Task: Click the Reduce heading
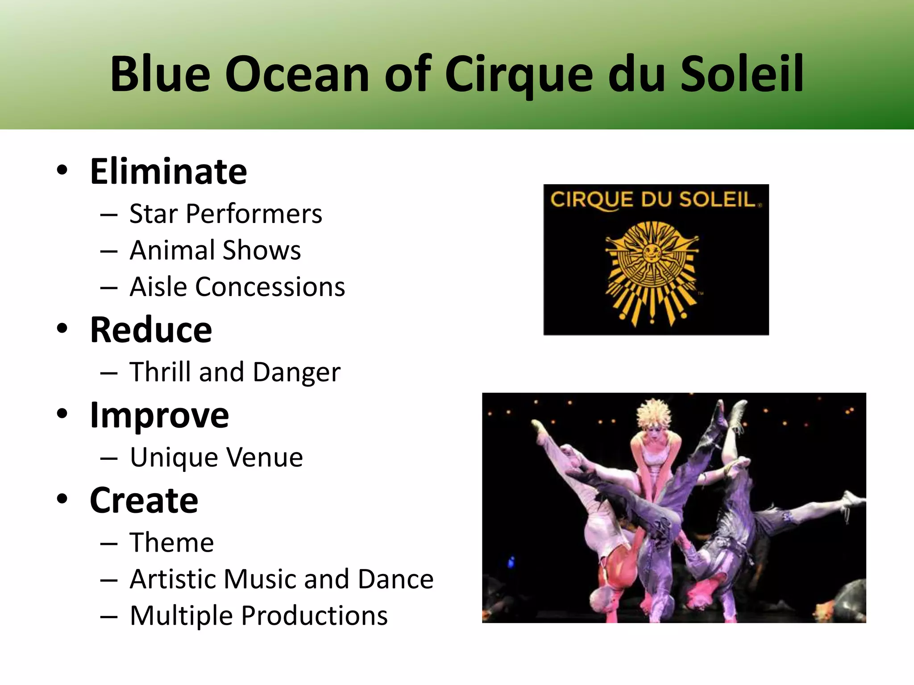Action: click(151, 330)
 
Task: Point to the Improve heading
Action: click(159, 416)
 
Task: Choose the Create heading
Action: click(144, 500)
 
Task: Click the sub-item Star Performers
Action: click(225, 214)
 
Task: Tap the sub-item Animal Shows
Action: click(215, 250)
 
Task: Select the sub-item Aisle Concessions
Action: click(237, 287)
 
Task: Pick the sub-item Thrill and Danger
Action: click(235, 372)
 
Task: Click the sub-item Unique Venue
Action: click(216, 458)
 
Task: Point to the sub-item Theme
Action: click(171, 543)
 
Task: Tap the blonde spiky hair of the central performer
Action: click(653, 413)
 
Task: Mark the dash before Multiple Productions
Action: click(109, 616)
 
